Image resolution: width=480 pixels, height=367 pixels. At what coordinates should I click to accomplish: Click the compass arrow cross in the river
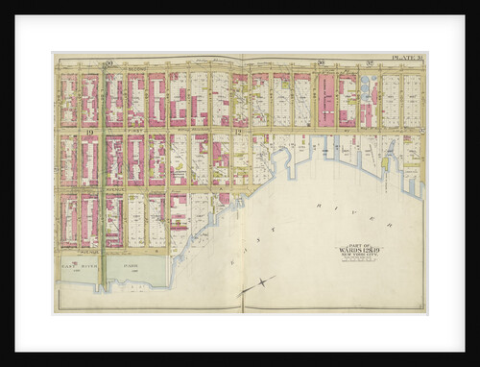pos(254,284)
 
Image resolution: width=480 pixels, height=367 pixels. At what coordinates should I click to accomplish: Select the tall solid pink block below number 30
pos(326,100)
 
